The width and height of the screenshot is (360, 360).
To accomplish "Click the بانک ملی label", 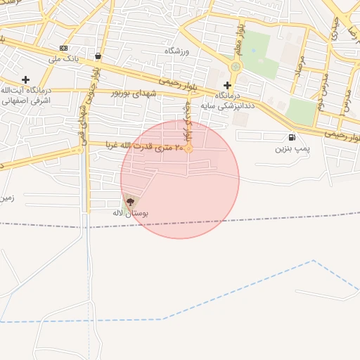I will pos(63,58).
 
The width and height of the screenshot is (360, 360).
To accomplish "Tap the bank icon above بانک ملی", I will pos(64,48).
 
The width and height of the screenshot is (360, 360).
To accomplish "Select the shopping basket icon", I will pos(97,57).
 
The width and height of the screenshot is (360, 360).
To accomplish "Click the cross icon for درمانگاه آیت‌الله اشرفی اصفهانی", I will pos(26,79).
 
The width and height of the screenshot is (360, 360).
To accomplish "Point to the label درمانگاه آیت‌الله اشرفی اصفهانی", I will pos(25,96).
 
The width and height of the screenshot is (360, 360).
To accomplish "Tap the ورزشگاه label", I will pos(177,51).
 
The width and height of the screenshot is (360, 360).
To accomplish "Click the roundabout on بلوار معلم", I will pos(235,67).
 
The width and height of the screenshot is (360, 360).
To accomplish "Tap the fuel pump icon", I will pos(291,137).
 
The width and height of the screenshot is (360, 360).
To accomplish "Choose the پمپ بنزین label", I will pos(291,148).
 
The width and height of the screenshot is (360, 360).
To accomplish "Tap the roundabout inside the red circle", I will pos(188,148).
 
